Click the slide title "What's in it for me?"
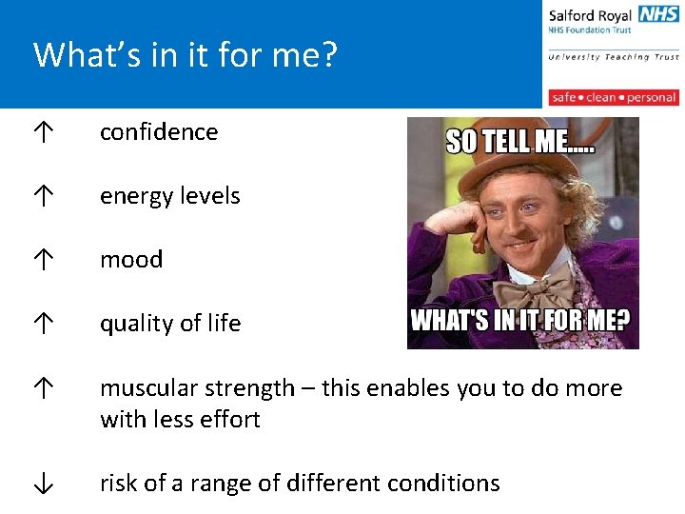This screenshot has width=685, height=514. pyautogui.click(x=186, y=55)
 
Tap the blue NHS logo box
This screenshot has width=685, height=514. pyautogui.click(x=658, y=14)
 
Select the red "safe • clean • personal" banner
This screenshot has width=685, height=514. pyautogui.click(x=614, y=97)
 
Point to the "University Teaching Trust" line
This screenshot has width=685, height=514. pyautogui.click(x=614, y=57)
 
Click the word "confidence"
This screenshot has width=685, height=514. pyautogui.click(x=159, y=132)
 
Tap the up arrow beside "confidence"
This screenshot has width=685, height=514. pyautogui.click(x=43, y=133)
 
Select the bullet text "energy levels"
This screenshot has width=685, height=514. pyautogui.click(x=170, y=196)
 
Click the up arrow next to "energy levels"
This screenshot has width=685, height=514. pyautogui.click(x=43, y=197)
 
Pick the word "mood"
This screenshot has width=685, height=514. pyautogui.click(x=131, y=260)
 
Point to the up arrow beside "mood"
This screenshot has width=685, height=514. pyautogui.click(x=43, y=261)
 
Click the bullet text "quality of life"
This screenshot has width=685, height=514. pyautogui.click(x=170, y=324)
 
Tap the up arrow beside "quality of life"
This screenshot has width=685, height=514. pyautogui.click(x=43, y=325)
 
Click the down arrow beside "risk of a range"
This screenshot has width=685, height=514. pyautogui.click(x=43, y=484)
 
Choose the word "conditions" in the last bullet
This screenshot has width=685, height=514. pyautogui.click(x=448, y=484)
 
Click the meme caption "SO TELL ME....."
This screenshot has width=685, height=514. pyautogui.click(x=521, y=142)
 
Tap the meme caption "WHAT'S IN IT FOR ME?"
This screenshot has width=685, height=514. pyautogui.click(x=520, y=319)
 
